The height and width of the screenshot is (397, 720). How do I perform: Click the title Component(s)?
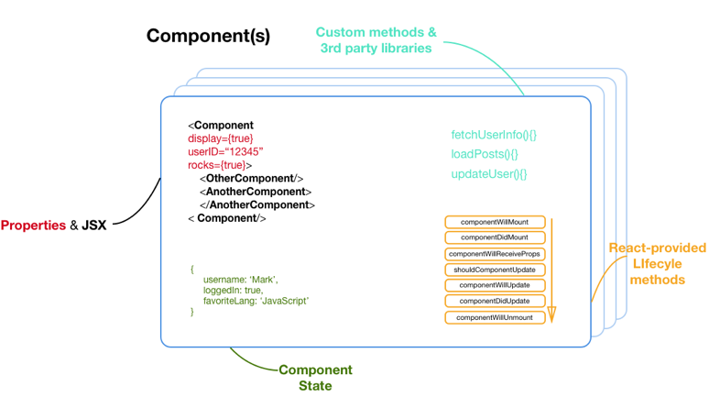click(x=208, y=36)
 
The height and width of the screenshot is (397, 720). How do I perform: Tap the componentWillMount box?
click(x=495, y=222)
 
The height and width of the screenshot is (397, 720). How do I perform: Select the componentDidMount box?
click(x=495, y=237)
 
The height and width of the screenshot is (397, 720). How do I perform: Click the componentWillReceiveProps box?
click(x=495, y=254)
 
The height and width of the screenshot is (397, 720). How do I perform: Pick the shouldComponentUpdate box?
click(x=495, y=270)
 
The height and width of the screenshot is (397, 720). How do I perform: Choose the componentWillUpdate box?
click(x=495, y=285)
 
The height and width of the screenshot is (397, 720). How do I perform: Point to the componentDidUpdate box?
click(x=495, y=301)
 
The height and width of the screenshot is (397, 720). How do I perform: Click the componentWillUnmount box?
click(x=495, y=317)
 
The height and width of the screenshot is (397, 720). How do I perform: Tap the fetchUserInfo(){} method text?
click(x=494, y=135)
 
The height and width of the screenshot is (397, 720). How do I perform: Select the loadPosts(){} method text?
click(x=485, y=154)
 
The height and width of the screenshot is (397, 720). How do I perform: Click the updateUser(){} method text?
click(x=489, y=174)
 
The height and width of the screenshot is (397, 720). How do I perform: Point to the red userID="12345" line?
click(x=225, y=152)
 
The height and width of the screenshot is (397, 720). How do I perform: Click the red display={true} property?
click(x=221, y=138)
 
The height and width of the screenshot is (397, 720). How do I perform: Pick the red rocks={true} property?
click(x=218, y=165)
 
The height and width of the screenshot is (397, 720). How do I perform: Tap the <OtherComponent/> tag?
click(x=251, y=179)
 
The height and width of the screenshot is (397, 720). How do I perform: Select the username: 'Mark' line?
click(x=240, y=279)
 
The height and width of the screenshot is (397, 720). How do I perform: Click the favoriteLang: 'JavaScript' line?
click(x=256, y=301)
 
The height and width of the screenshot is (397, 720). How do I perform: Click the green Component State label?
click(x=315, y=378)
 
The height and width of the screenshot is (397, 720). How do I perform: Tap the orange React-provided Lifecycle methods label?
click(x=658, y=263)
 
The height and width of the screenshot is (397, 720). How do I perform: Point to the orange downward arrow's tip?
click(x=552, y=320)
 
